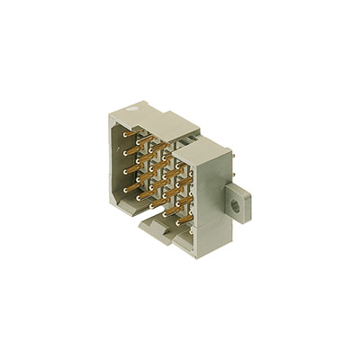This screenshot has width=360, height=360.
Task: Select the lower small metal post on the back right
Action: [235, 179]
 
